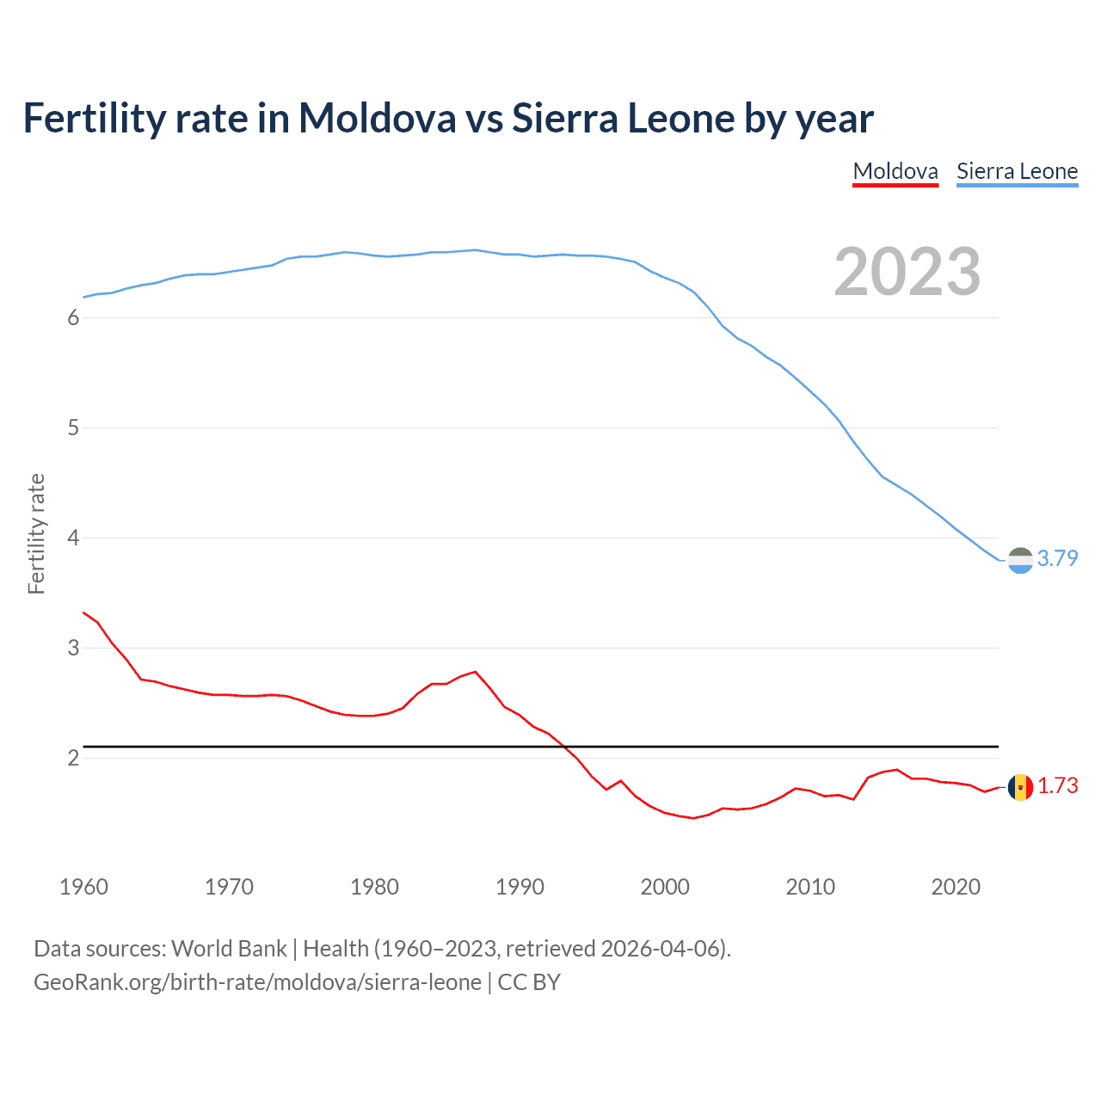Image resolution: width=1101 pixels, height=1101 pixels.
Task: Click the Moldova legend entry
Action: tap(895, 171)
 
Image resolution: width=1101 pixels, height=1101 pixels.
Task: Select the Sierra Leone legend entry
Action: tap(1017, 171)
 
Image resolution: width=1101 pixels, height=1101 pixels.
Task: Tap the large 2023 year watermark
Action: tap(907, 272)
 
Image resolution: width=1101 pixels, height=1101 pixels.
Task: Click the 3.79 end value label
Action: tap(1057, 558)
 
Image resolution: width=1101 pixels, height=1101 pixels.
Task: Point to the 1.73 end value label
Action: tap(1057, 785)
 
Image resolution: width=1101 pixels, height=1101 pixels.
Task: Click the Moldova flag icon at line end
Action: tap(1020, 787)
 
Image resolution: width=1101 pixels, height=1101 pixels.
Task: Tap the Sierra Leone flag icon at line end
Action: tap(1020, 560)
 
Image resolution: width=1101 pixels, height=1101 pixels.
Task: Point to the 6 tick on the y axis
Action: tap(73, 317)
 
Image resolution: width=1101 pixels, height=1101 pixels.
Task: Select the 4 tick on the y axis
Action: tap(73, 538)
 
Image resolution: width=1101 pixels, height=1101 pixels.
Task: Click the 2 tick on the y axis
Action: tap(73, 758)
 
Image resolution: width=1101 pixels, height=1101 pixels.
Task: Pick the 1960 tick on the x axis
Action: tap(83, 887)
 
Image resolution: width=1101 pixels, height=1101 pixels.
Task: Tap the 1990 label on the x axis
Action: tap(520, 887)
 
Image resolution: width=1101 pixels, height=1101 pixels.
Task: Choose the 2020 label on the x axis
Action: tap(956, 887)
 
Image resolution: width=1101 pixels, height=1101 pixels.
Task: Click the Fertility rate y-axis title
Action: tap(36, 533)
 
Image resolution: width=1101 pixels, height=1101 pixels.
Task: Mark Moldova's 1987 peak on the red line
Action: tap(476, 672)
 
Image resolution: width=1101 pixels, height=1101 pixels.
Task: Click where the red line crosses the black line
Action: tap(564, 746)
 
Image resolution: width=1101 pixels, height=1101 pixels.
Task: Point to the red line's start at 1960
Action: tap(83, 612)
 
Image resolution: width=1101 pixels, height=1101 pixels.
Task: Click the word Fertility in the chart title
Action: tap(94, 118)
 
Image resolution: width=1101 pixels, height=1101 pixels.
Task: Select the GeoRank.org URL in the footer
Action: tap(257, 982)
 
